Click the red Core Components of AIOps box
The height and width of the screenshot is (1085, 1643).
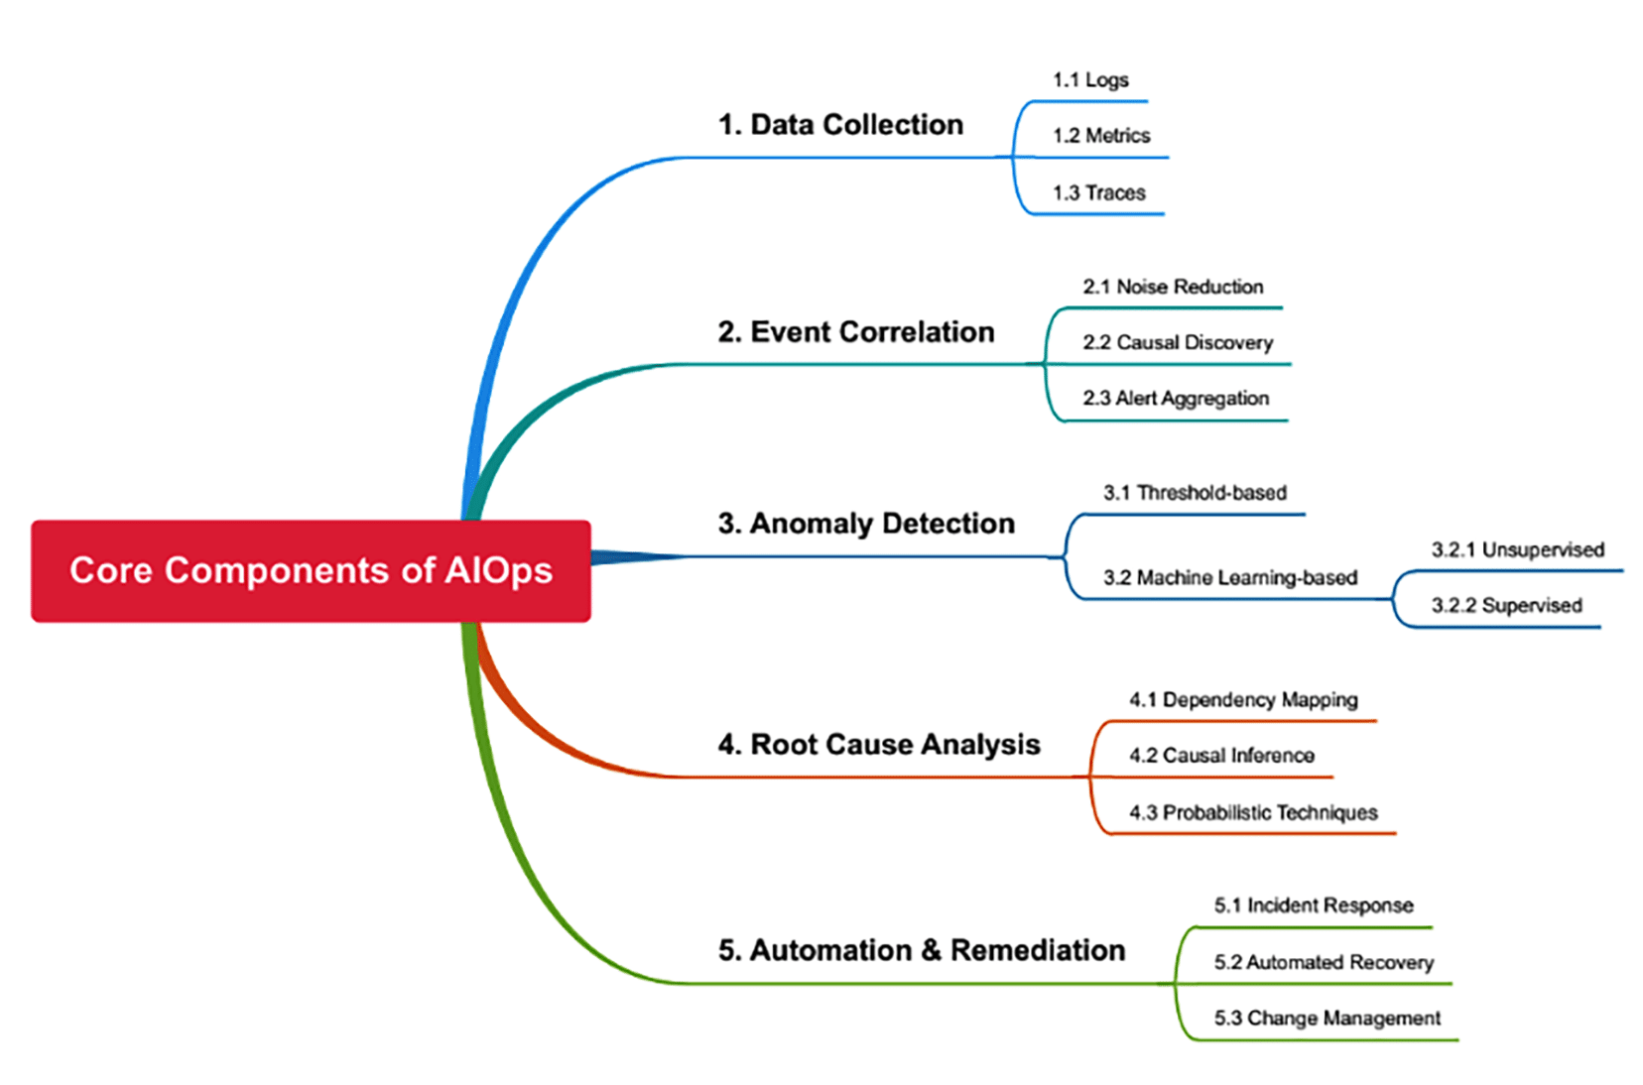[311, 571]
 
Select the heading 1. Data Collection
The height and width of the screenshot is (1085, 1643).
[840, 125]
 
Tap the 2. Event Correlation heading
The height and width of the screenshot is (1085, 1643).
[855, 332]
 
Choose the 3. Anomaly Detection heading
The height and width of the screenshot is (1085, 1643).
[866, 524]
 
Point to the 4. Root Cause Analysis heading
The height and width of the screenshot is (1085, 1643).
[879, 745]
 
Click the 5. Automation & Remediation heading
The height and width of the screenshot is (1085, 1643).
[922, 950]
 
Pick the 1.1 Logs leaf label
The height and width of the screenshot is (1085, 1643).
[1090, 80]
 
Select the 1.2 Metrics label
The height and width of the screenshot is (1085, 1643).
[1101, 136]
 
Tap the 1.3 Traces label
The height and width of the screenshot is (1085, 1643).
[1099, 193]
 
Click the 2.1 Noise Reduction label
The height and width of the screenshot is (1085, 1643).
[1173, 288]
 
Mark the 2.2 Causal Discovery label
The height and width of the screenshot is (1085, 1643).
[1178, 343]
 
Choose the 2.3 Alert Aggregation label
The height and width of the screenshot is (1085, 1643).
[1176, 399]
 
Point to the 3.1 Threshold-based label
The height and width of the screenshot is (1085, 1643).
[1195, 493]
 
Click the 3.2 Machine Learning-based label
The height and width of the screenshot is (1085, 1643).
[1230, 578]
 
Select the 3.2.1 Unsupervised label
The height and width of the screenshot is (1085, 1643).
[1517, 550]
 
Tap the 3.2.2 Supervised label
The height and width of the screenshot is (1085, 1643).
[1506, 606]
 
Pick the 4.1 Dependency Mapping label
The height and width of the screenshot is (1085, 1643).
[1243, 700]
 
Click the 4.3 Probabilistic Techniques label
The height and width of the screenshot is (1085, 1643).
[1253, 813]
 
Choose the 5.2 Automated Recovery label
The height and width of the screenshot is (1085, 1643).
[1324, 962]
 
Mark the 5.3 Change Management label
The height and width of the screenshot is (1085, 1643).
[1327, 1019]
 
